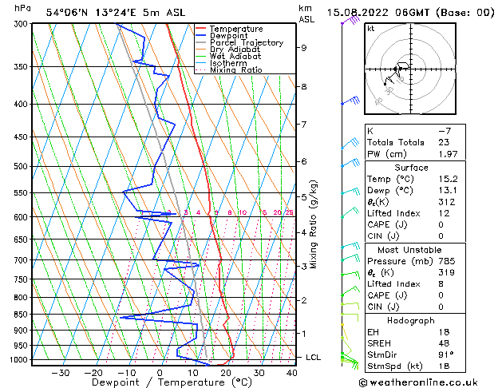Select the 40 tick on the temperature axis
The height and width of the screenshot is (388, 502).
tap(291, 372)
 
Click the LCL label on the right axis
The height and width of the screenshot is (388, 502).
tap(314, 357)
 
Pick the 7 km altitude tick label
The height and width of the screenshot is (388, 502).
tap(303, 125)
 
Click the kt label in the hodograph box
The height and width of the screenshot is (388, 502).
tap(371, 29)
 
